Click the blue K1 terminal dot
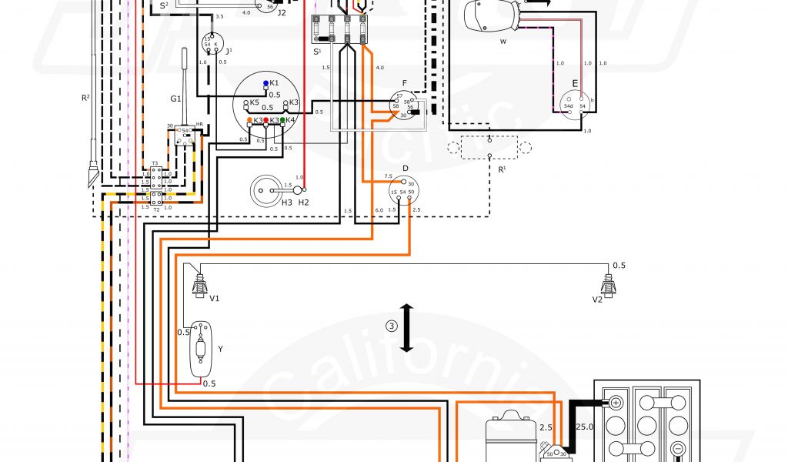265,82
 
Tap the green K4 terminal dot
283,120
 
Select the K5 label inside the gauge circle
255,102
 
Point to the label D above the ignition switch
405,167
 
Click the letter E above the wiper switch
574,85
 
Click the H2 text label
304,202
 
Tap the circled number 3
392,326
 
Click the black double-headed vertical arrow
407,328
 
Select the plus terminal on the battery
616,402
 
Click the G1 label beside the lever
176,99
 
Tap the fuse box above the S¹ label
339,33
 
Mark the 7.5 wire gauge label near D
388,176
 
